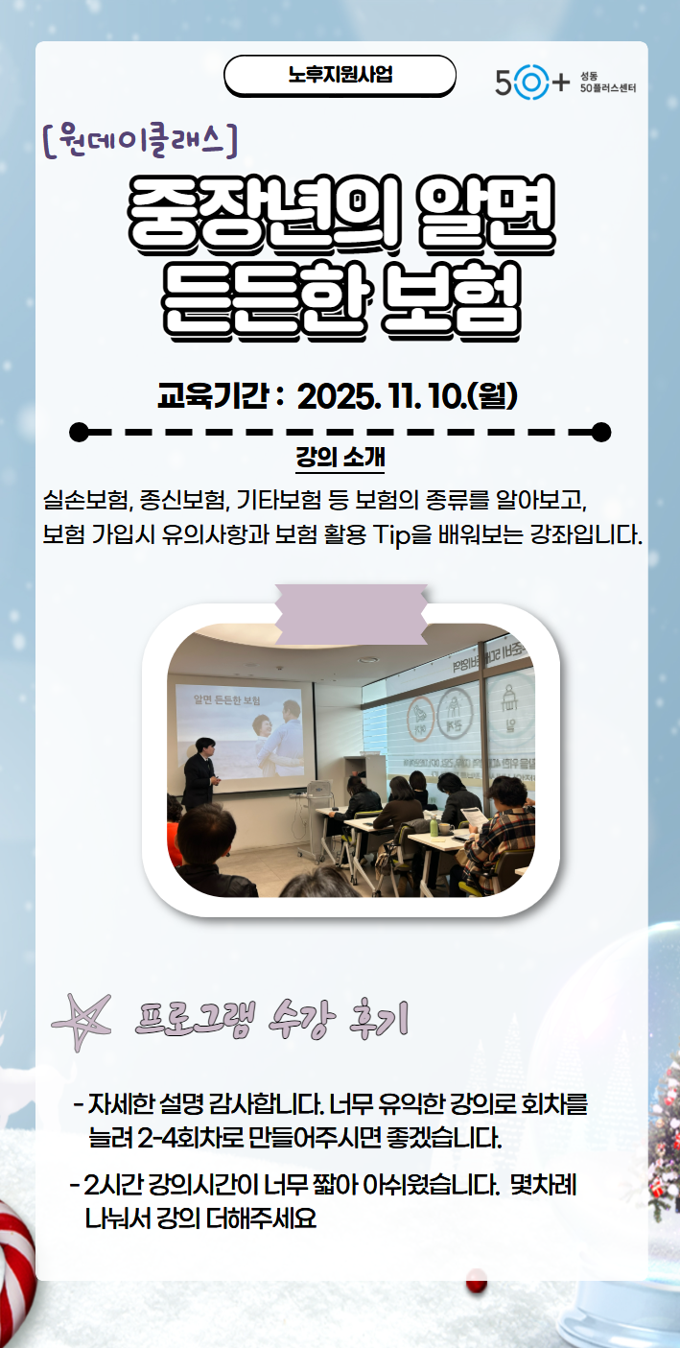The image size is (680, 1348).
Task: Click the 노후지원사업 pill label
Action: pyautogui.click(x=340, y=75)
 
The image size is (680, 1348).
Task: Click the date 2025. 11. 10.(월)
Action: pyautogui.click(x=408, y=395)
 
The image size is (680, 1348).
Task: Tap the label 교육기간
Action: pyautogui.click(x=212, y=395)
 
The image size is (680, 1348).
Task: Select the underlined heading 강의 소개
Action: pyautogui.click(x=340, y=456)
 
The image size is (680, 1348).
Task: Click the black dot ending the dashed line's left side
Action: pyautogui.click(x=80, y=431)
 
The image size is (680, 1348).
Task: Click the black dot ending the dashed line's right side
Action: pyautogui.click(x=601, y=431)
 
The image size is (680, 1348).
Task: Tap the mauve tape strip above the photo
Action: pyautogui.click(x=350, y=614)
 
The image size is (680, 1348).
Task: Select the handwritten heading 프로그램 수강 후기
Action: pyautogui.click(x=273, y=1020)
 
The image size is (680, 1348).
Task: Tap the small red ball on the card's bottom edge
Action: pyautogui.click(x=476, y=1280)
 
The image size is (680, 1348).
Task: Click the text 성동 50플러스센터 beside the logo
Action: pyautogui.click(x=607, y=83)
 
